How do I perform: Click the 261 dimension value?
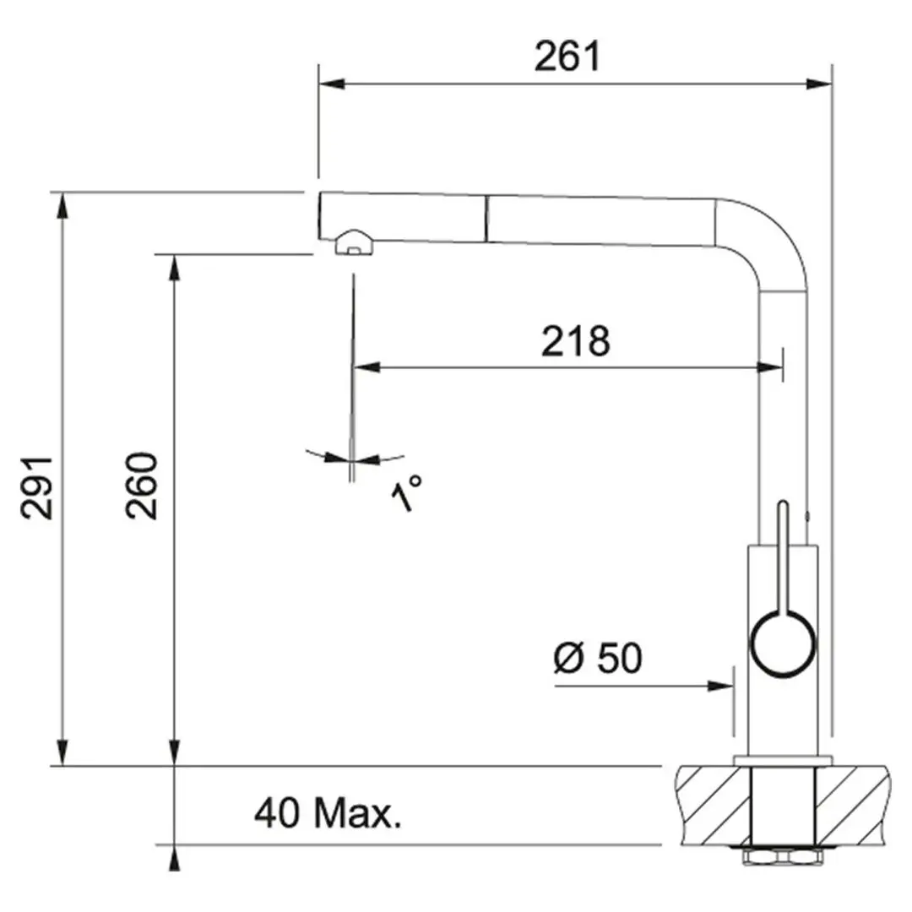tap(567, 57)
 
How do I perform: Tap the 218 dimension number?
tap(575, 341)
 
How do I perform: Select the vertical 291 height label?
tap(36, 487)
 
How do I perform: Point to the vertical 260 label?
tap(141, 485)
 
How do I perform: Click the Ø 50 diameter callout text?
tap(598, 658)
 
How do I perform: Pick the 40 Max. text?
tap(328, 812)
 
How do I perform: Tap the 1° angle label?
tap(406, 492)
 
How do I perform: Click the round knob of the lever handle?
tap(783, 644)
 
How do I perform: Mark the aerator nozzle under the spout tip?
tap(354, 242)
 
